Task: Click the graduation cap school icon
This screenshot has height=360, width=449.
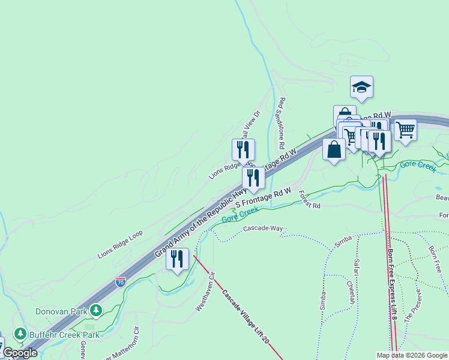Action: (361, 88)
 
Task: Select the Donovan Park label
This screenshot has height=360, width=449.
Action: (61, 311)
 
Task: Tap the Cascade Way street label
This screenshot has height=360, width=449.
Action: (263, 229)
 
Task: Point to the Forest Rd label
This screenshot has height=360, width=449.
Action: (309, 200)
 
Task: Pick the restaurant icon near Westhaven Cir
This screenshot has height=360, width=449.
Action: (177, 259)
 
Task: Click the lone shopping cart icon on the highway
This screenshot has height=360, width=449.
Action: (406, 128)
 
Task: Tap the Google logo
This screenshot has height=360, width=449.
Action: (20, 353)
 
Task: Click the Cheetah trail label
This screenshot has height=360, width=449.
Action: (349, 295)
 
